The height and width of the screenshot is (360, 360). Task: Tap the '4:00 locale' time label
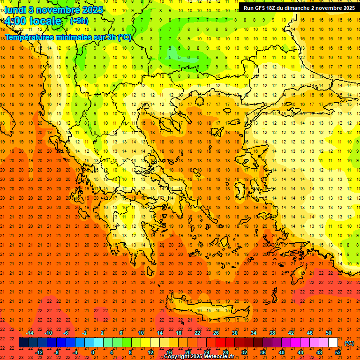tap(33, 21)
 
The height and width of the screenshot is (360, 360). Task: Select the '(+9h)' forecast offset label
tap(78, 21)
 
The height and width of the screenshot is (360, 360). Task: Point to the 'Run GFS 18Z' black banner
tap(299, 7)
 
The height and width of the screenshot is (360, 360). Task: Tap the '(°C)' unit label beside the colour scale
tap(349, 343)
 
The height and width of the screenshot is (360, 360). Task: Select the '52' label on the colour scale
tap(338, 352)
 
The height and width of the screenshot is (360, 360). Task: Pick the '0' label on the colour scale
tap(92, 352)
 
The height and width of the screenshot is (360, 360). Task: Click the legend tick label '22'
tap(197, 333)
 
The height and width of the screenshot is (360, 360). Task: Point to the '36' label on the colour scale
tap(263, 352)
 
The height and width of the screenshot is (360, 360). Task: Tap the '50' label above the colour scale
tap(329, 333)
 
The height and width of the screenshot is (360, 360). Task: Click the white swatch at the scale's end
tap(333, 343)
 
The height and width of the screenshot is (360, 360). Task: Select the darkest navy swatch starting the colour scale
tap(23, 343)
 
